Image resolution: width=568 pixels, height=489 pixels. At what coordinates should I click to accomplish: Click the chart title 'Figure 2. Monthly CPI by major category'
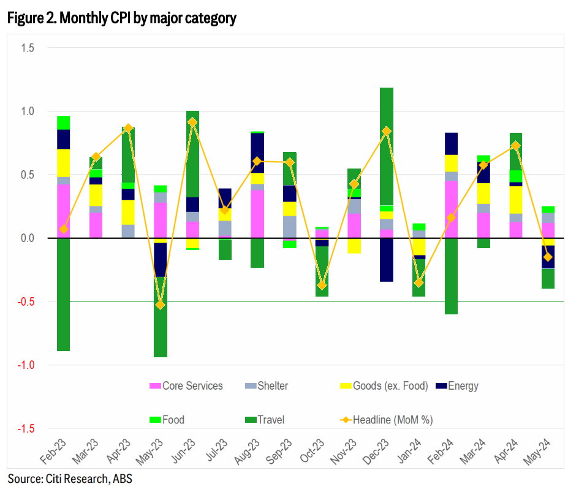[121, 19]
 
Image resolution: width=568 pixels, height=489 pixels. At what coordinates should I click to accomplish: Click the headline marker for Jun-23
[192, 123]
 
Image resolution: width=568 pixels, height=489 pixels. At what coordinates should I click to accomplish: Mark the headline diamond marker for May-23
[161, 305]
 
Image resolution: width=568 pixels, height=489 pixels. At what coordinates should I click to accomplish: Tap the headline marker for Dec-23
[387, 131]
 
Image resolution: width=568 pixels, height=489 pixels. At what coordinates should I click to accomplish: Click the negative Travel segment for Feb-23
[64, 294]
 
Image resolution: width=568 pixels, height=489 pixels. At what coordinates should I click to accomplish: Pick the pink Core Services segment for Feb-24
[451, 209]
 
